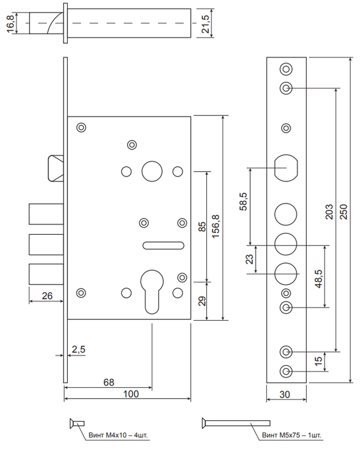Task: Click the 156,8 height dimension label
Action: click(216, 226)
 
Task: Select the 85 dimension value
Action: click(203, 226)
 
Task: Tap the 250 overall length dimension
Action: click(343, 212)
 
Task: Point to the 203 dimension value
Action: click(329, 212)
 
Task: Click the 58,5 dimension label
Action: click(244, 202)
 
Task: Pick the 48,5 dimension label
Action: click(319, 279)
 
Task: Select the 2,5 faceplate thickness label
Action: click(79, 349)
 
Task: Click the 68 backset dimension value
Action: click(109, 382)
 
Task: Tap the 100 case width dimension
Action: click(131, 394)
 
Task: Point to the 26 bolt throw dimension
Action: click(47, 295)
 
